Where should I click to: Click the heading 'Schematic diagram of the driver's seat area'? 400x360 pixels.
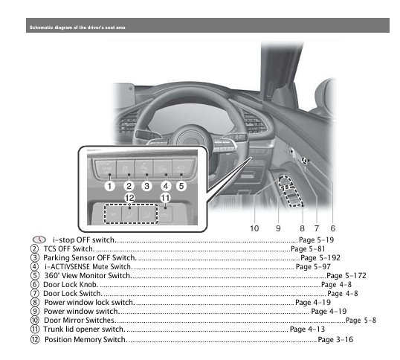(77, 28)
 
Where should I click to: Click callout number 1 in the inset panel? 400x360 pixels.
(109, 186)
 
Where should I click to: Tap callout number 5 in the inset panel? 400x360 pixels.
(181, 186)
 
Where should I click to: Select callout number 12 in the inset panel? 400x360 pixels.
(129, 198)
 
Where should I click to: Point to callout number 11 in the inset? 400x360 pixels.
(165, 198)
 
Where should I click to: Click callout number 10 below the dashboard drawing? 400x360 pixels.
(254, 228)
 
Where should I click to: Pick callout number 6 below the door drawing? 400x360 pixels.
(333, 228)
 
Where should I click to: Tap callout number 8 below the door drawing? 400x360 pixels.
(303, 228)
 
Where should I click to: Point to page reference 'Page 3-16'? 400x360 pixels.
(335, 339)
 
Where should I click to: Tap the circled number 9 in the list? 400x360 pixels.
(35, 311)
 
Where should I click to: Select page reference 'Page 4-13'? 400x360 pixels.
(307, 329)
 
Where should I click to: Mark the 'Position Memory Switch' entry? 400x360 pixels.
(85, 339)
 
